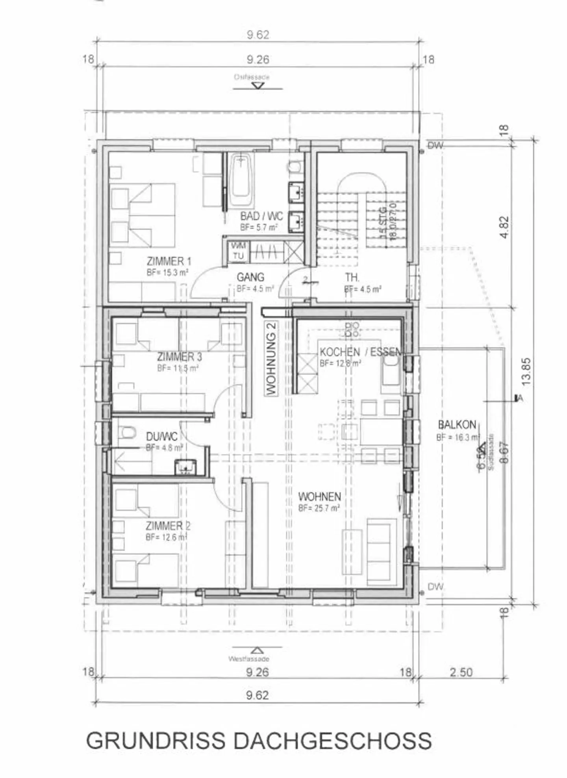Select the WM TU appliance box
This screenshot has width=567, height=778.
[238, 251]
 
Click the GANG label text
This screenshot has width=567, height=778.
[250, 277]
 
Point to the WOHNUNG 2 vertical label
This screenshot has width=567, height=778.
[271, 358]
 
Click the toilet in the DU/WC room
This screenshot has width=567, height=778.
[126, 433]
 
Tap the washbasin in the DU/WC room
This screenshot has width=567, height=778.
[185, 466]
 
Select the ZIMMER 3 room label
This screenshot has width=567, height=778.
[179, 357]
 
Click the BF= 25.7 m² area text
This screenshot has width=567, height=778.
[319, 508]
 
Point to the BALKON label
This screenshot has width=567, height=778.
[457, 425]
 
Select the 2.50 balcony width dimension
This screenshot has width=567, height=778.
[461, 672]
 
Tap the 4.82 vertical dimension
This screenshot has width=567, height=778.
[505, 227]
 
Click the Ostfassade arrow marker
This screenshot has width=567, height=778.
[258, 85]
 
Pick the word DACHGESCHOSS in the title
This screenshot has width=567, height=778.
[333, 741]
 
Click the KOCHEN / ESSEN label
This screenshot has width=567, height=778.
[360, 352]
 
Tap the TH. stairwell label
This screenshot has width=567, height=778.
[352, 278]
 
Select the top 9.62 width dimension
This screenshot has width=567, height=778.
[258, 35]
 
